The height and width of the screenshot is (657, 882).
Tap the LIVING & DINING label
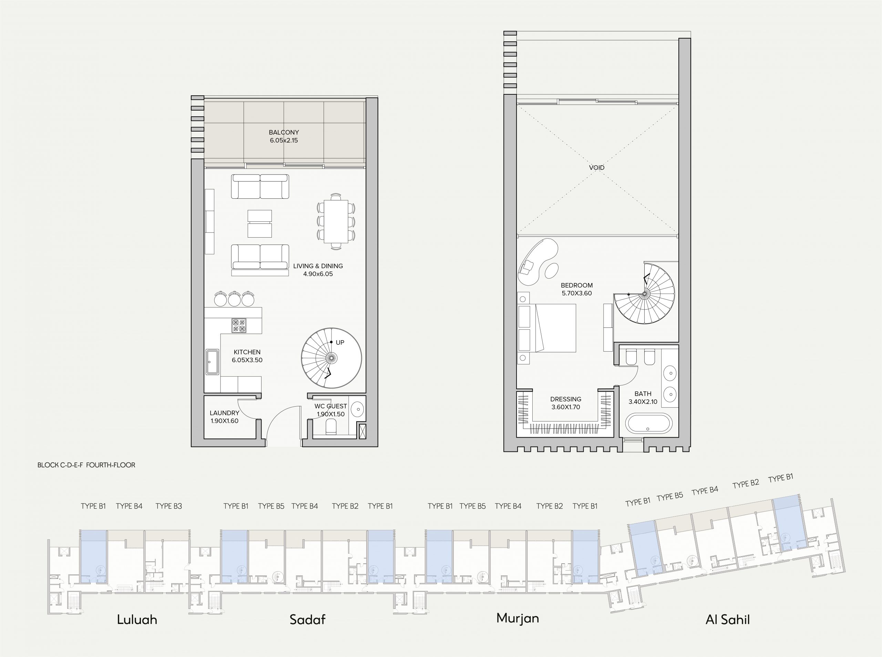tap(318, 266)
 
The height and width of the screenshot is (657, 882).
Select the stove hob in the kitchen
tap(239, 326)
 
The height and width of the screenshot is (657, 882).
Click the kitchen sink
tap(212, 362)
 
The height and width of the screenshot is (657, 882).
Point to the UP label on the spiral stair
tap(340, 342)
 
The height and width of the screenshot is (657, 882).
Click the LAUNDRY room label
tap(224, 413)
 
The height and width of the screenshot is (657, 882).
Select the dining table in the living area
tap(336, 221)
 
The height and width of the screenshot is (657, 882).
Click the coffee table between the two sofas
tap(260, 223)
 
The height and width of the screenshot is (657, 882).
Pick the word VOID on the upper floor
tap(597, 168)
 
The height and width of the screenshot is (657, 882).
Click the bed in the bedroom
tap(555, 328)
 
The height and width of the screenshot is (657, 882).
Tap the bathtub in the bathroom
tap(649, 423)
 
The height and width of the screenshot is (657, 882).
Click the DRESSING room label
tap(566, 399)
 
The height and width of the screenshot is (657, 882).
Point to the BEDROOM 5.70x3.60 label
tap(577, 289)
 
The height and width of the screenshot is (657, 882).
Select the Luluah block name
tap(137, 619)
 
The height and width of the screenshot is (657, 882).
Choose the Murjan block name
tap(517, 618)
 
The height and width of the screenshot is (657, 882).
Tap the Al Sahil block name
tap(728, 619)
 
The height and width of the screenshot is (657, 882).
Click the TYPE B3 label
tap(169, 506)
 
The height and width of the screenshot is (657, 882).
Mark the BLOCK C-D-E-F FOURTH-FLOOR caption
tap(86, 465)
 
